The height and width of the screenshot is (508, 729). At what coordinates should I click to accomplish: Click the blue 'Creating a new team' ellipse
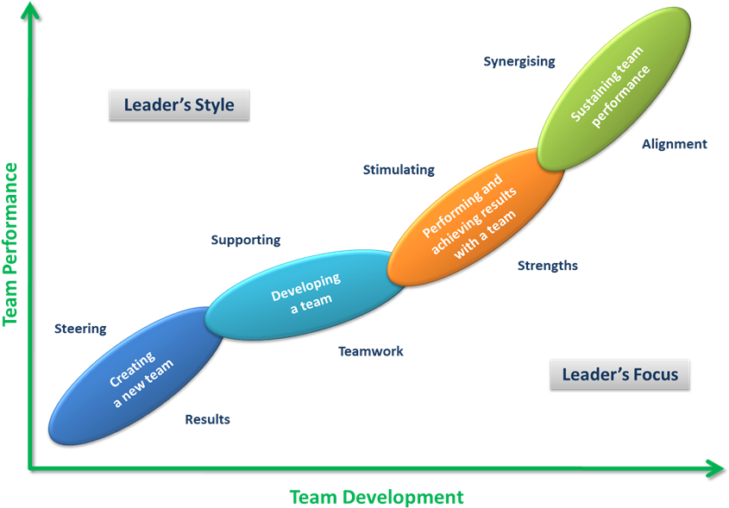tap(136, 377)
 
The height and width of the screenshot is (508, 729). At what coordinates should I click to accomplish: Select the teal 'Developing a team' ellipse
tap(304, 293)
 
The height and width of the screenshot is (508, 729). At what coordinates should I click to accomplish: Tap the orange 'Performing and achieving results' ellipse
tap(475, 217)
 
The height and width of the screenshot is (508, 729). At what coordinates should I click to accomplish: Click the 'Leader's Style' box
tap(179, 105)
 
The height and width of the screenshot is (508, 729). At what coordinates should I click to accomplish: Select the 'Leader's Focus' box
tap(619, 374)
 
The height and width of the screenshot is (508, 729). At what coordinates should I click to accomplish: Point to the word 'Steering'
tap(80, 329)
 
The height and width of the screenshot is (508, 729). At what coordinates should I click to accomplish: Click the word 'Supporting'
tap(246, 241)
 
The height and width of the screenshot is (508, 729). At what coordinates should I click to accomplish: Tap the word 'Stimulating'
tap(399, 170)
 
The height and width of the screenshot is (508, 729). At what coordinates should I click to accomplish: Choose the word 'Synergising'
tap(518, 61)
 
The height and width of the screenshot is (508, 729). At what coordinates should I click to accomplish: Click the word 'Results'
tap(207, 419)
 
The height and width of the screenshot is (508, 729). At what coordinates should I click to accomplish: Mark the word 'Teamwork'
tap(371, 351)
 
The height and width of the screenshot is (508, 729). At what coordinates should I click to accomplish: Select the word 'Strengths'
tap(547, 266)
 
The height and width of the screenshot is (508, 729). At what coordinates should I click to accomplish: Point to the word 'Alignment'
tap(674, 144)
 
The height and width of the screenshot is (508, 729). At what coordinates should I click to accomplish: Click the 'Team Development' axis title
tap(376, 497)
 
